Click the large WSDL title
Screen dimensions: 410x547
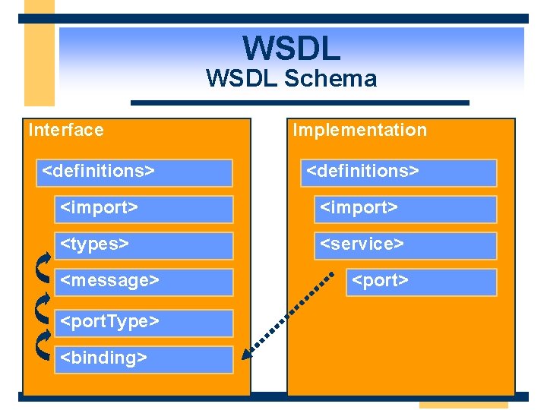pos(292,48)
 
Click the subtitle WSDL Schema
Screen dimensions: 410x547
pos(291,78)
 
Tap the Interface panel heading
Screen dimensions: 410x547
pos(66,130)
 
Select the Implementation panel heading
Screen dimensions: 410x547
pos(360,130)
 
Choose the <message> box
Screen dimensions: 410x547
pos(144,282)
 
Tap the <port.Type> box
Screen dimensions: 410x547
pos(144,323)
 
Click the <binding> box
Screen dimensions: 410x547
pos(144,358)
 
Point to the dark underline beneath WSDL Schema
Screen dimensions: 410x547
pos(300,102)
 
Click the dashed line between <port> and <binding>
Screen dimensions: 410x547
pos(292,312)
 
